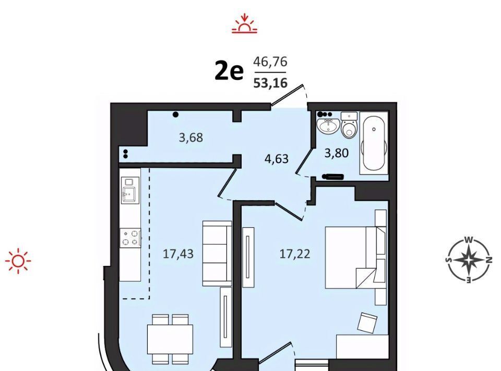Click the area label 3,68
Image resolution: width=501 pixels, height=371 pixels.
coord(191,137)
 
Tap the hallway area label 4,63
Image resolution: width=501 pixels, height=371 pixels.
coord(277,159)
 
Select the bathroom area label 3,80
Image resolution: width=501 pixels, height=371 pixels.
coord(337,153)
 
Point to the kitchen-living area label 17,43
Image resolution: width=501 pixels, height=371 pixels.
coord(178,254)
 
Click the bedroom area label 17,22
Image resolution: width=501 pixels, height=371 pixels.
coord(294,254)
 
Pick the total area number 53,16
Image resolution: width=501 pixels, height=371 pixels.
coord(270,83)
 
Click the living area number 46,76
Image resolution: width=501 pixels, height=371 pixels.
coord(270,62)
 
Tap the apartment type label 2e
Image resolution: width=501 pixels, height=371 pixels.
coord(229,72)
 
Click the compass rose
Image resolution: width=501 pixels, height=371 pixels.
coord(469,260)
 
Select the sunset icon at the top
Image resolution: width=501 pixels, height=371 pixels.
coord(244,24)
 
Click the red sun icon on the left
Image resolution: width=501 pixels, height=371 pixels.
coord(18,261)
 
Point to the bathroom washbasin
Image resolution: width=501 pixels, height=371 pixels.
coord(327,125)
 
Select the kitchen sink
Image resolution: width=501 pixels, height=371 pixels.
coord(130,191)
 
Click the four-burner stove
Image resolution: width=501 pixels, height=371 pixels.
coord(130,238)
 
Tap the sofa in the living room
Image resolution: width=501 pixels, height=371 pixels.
coord(217,253)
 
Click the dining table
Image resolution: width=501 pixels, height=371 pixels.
coord(170,339)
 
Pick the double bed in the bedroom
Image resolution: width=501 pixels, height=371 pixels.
coord(355,258)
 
